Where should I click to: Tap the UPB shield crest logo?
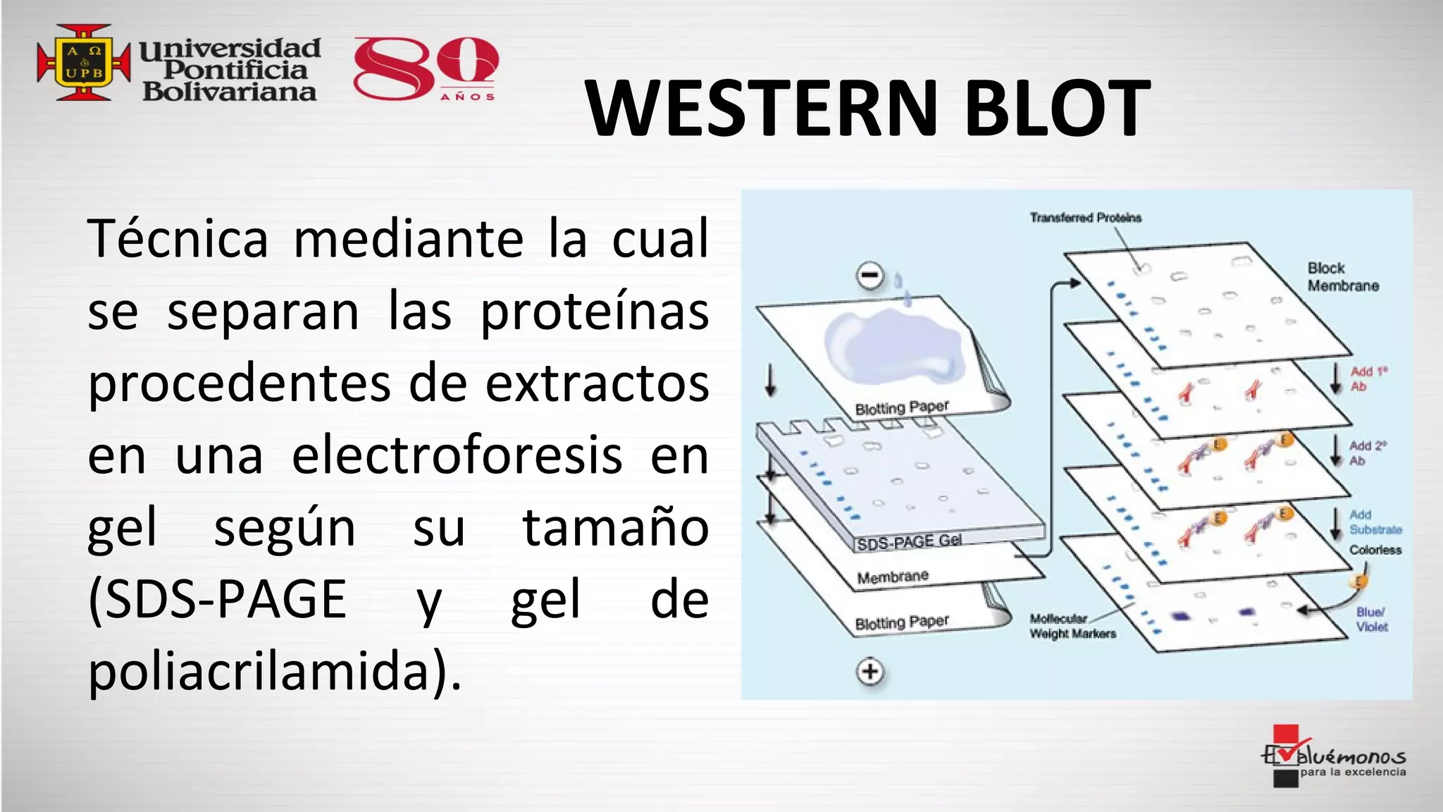(84, 63)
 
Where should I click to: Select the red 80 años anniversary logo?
(426, 69)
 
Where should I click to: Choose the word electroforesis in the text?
(457, 455)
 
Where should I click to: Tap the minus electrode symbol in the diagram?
(870, 275)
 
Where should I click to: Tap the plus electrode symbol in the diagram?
(870, 671)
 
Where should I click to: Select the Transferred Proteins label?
(1085, 218)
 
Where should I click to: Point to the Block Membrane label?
(1342, 277)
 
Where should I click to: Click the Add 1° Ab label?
(1368, 379)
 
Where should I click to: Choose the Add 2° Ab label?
(1367, 453)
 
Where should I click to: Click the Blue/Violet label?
(1372, 619)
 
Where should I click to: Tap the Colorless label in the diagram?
(1375, 550)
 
